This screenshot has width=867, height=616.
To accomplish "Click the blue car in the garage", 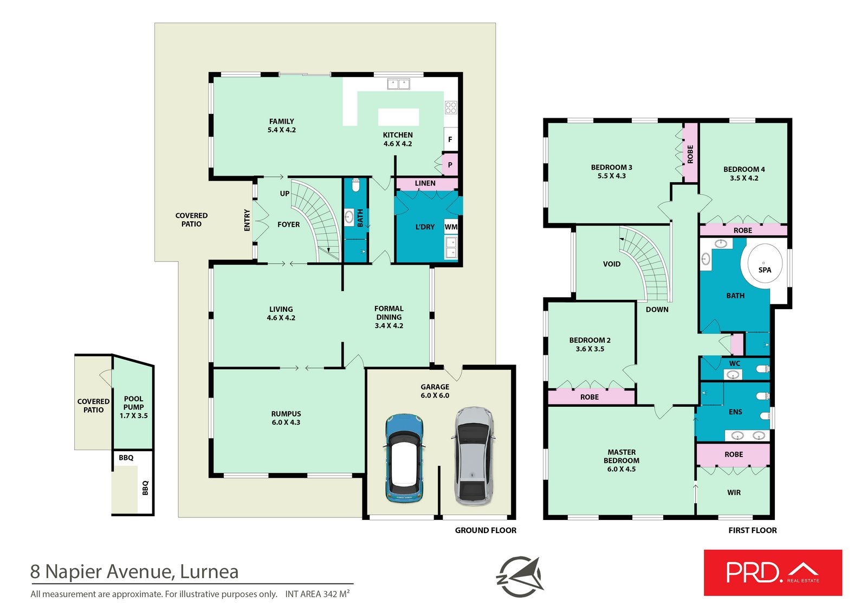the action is [x=404, y=458].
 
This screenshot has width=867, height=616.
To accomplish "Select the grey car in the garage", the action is [x=474, y=456].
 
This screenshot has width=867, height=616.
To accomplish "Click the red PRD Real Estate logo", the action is [x=773, y=572].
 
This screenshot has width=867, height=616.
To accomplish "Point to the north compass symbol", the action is [x=520, y=576].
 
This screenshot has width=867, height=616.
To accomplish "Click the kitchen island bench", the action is [x=398, y=117].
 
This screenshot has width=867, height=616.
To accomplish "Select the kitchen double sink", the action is [x=399, y=84].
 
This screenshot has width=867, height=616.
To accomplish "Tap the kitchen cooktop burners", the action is [x=450, y=107].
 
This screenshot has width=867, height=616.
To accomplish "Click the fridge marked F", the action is [x=450, y=139].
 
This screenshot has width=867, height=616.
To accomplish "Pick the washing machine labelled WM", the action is [x=451, y=227].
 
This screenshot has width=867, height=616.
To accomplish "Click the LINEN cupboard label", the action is [x=425, y=183].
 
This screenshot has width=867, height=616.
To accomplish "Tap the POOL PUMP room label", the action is [x=133, y=403].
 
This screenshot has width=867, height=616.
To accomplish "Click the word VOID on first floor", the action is [x=612, y=264].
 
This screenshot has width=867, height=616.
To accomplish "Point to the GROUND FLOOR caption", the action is [x=486, y=530].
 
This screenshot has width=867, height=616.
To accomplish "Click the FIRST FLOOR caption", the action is [x=753, y=530].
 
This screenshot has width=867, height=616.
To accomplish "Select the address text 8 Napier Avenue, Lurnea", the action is [x=134, y=572].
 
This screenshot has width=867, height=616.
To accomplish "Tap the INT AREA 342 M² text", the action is [x=318, y=594].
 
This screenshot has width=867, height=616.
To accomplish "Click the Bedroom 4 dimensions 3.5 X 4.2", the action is [x=744, y=178].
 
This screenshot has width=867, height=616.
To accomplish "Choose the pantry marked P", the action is [x=450, y=165].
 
